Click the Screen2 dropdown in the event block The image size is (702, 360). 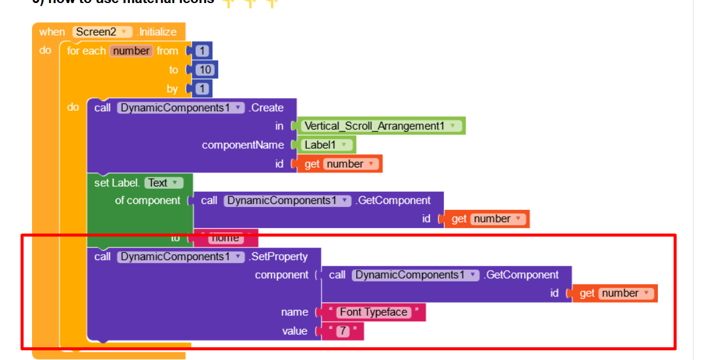pyautogui.click(x=102, y=31)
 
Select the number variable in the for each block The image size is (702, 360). pyautogui.click(x=131, y=51)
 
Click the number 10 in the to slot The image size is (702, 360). pyautogui.click(x=205, y=70)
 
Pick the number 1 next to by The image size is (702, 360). pyautogui.click(x=202, y=89)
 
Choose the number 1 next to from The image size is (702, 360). pyautogui.click(x=202, y=51)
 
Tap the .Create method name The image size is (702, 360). pyautogui.click(x=267, y=108)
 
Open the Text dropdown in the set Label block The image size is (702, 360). pyautogui.click(x=163, y=182)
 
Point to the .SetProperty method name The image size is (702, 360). pyautogui.click(x=279, y=257)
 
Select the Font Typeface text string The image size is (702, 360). pyautogui.click(x=373, y=312)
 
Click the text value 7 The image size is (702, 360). pyautogui.click(x=343, y=331)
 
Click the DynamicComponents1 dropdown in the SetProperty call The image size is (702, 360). pyautogui.click(x=180, y=257)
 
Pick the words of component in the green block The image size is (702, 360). pyautogui.click(x=148, y=200)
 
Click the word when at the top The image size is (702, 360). pyautogui.click(x=52, y=31)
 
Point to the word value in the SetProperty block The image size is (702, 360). pyautogui.click(x=294, y=331)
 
